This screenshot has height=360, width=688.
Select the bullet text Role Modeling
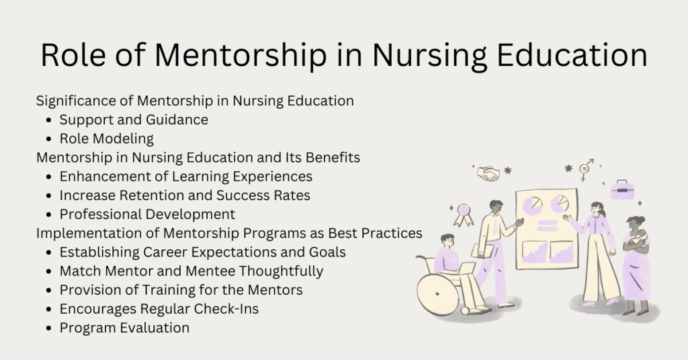click(106, 139)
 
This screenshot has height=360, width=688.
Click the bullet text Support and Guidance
click(134, 120)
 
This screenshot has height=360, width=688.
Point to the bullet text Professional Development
click(147, 214)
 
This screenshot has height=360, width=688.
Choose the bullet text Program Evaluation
click(124, 328)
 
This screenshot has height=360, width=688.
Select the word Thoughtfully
click(282, 271)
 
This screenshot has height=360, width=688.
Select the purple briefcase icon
click(622, 190)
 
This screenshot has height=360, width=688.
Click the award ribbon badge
click(463, 214)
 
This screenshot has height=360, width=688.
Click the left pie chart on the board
click(533, 204)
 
